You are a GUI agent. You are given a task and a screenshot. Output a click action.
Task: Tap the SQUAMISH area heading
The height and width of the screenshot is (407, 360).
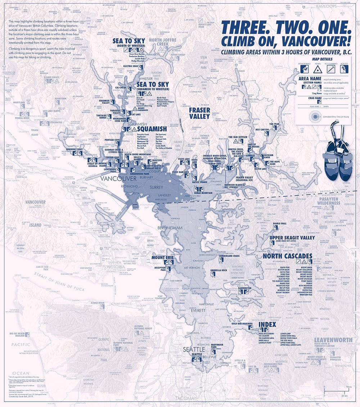152,129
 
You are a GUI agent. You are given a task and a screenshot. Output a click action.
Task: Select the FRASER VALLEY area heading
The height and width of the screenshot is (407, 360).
199,113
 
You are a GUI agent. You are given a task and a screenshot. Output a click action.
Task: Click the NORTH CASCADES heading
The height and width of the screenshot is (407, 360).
287,256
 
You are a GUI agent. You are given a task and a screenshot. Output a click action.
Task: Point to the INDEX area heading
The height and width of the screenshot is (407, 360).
267,325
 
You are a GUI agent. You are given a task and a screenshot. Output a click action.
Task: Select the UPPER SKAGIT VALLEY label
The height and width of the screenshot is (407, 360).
292,238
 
